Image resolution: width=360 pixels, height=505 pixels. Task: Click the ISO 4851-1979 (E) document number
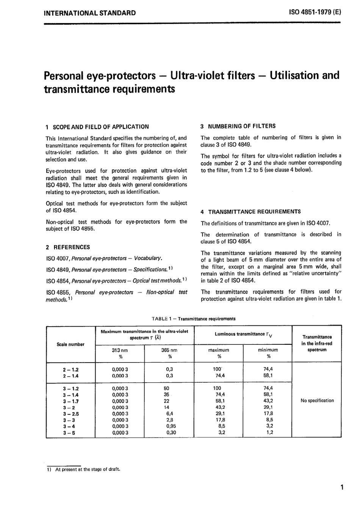pos(315,12)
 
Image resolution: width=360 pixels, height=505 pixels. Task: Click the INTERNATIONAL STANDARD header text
pos(90,13)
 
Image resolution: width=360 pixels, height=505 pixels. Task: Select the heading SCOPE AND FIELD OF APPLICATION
pos(101,127)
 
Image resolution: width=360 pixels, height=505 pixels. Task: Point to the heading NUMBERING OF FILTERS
pos(242,126)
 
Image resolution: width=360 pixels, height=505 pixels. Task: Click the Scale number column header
pos(70,344)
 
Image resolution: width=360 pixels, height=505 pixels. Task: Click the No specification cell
pos(317,400)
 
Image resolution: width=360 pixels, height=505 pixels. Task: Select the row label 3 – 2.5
pos(70,414)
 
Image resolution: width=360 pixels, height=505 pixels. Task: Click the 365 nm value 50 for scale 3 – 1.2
pos(166,388)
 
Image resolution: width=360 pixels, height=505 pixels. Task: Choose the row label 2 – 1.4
pos(70,376)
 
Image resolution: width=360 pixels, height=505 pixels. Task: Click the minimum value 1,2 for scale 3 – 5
pos(269,432)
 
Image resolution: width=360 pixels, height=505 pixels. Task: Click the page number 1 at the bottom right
pos(342,487)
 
